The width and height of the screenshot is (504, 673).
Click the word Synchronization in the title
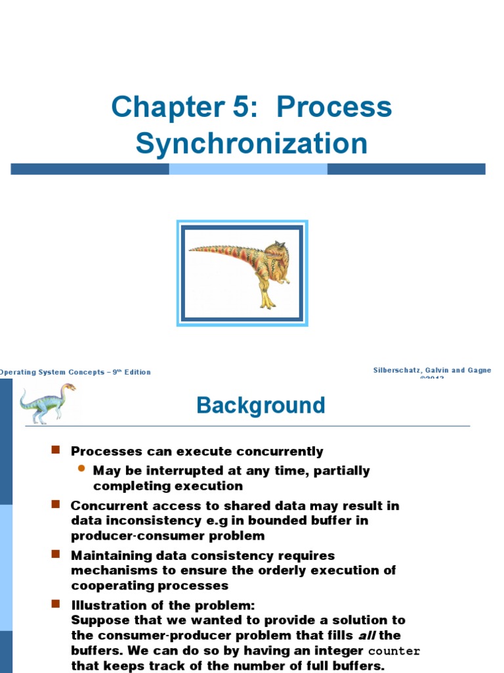click(x=251, y=144)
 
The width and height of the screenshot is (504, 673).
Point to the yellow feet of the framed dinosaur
click(x=266, y=303)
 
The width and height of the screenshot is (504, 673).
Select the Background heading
click(x=261, y=406)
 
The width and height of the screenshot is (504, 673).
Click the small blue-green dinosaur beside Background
click(x=47, y=402)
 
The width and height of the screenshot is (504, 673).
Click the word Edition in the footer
click(x=135, y=372)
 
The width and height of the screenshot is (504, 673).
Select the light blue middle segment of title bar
click(x=248, y=169)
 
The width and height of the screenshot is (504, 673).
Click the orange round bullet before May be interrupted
click(x=81, y=469)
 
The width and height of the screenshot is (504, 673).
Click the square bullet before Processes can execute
click(x=56, y=450)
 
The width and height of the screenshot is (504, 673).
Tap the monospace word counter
click(x=394, y=651)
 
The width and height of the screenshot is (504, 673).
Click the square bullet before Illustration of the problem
click(x=56, y=603)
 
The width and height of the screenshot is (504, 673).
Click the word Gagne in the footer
click(x=477, y=371)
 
